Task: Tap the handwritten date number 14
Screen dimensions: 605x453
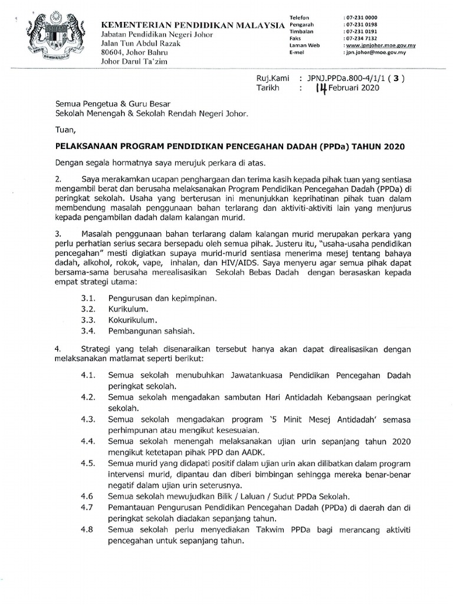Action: pos(321,88)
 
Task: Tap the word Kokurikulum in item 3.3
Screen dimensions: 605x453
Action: pos(133,320)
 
